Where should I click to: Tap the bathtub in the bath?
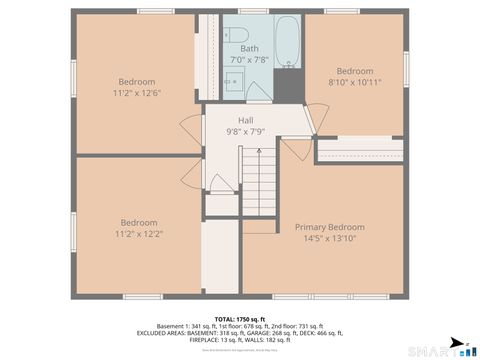pyautogui.click(x=287, y=42)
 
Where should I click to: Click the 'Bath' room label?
pyautogui.click(x=249, y=49)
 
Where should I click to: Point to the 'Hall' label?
pyautogui.click(x=245, y=120)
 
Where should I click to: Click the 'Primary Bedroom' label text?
pyautogui.click(x=329, y=227)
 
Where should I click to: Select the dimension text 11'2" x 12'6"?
pyautogui.click(x=138, y=93)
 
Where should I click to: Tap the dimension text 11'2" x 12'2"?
pyautogui.click(x=139, y=234)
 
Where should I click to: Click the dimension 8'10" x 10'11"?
pyautogui.click(x=354, y=83)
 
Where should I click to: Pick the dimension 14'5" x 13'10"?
pyautogui.click(x=329, y=238)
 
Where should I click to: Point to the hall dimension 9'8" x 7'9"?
pyautogui.click(x=245, y=131)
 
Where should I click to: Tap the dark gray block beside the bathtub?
pyautogui.click(x=288, y=86)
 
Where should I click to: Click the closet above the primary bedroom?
pyautogui.click(x=359, y=151)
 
